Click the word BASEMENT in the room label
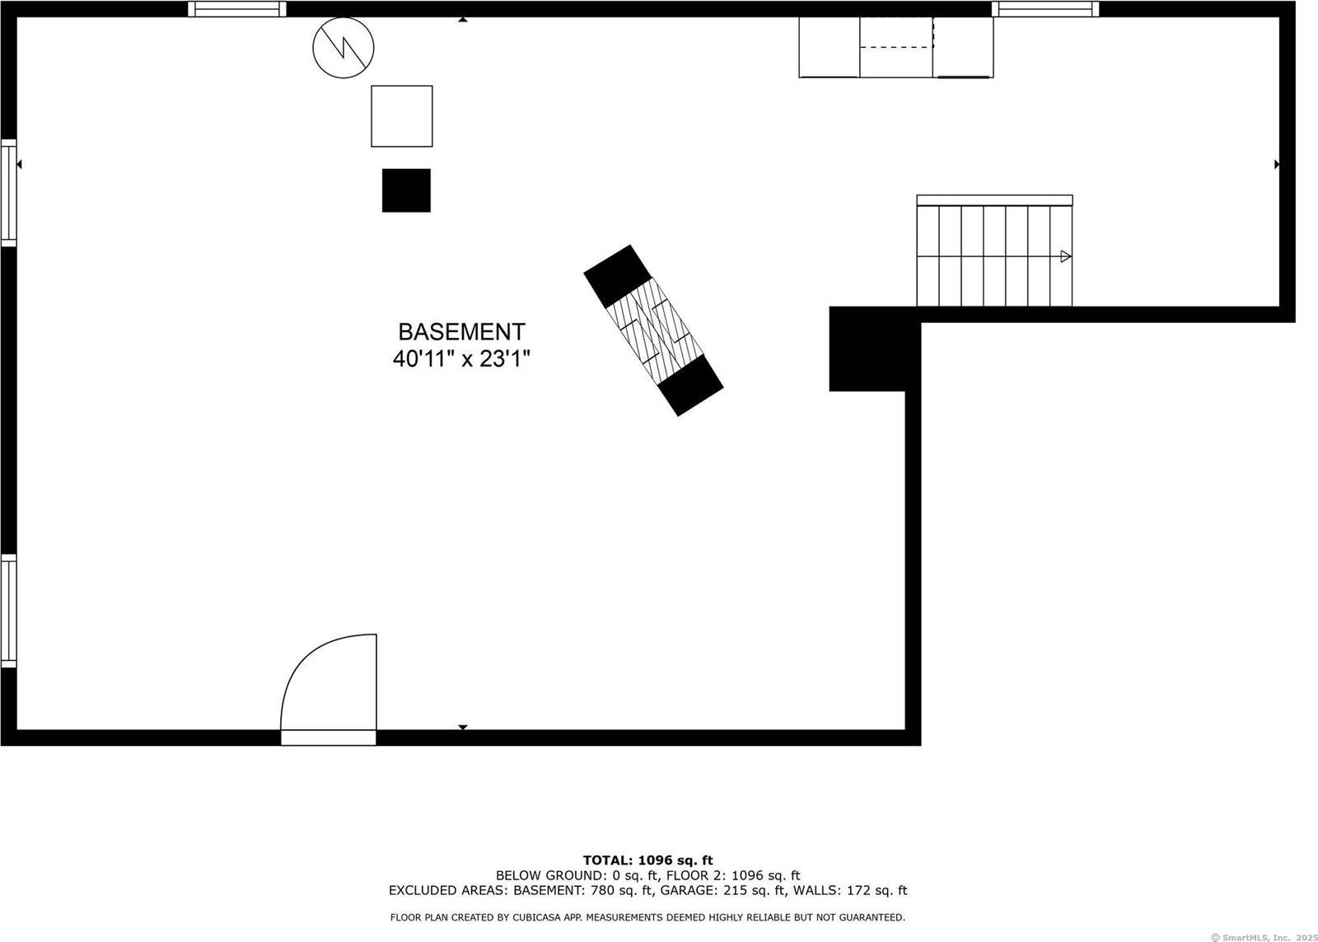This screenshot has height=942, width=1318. pos(461,331)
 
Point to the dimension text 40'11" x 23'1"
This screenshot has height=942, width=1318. pos(461,359)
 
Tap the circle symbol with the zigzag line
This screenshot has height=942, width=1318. pos(344,49)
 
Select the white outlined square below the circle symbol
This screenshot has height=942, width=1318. pos(402,116)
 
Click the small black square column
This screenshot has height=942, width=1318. pos(406,190)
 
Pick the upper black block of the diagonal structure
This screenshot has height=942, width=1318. pos(618,276)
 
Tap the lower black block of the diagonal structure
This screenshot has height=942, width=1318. pos(691,386)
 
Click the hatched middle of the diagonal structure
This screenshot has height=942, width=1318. pos(654,330)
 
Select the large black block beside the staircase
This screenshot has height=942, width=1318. pos(872,349)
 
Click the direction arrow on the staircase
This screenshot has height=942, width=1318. pos(1065,256)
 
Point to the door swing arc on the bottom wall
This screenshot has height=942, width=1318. pos(329,682)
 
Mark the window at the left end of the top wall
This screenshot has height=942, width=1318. pos(237,9)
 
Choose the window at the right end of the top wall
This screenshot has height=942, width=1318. pos(1045,9)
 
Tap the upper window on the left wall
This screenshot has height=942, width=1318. pos(8,193)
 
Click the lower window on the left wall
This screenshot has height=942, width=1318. pos(8,611)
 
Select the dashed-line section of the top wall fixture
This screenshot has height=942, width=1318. pos(896,47)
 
